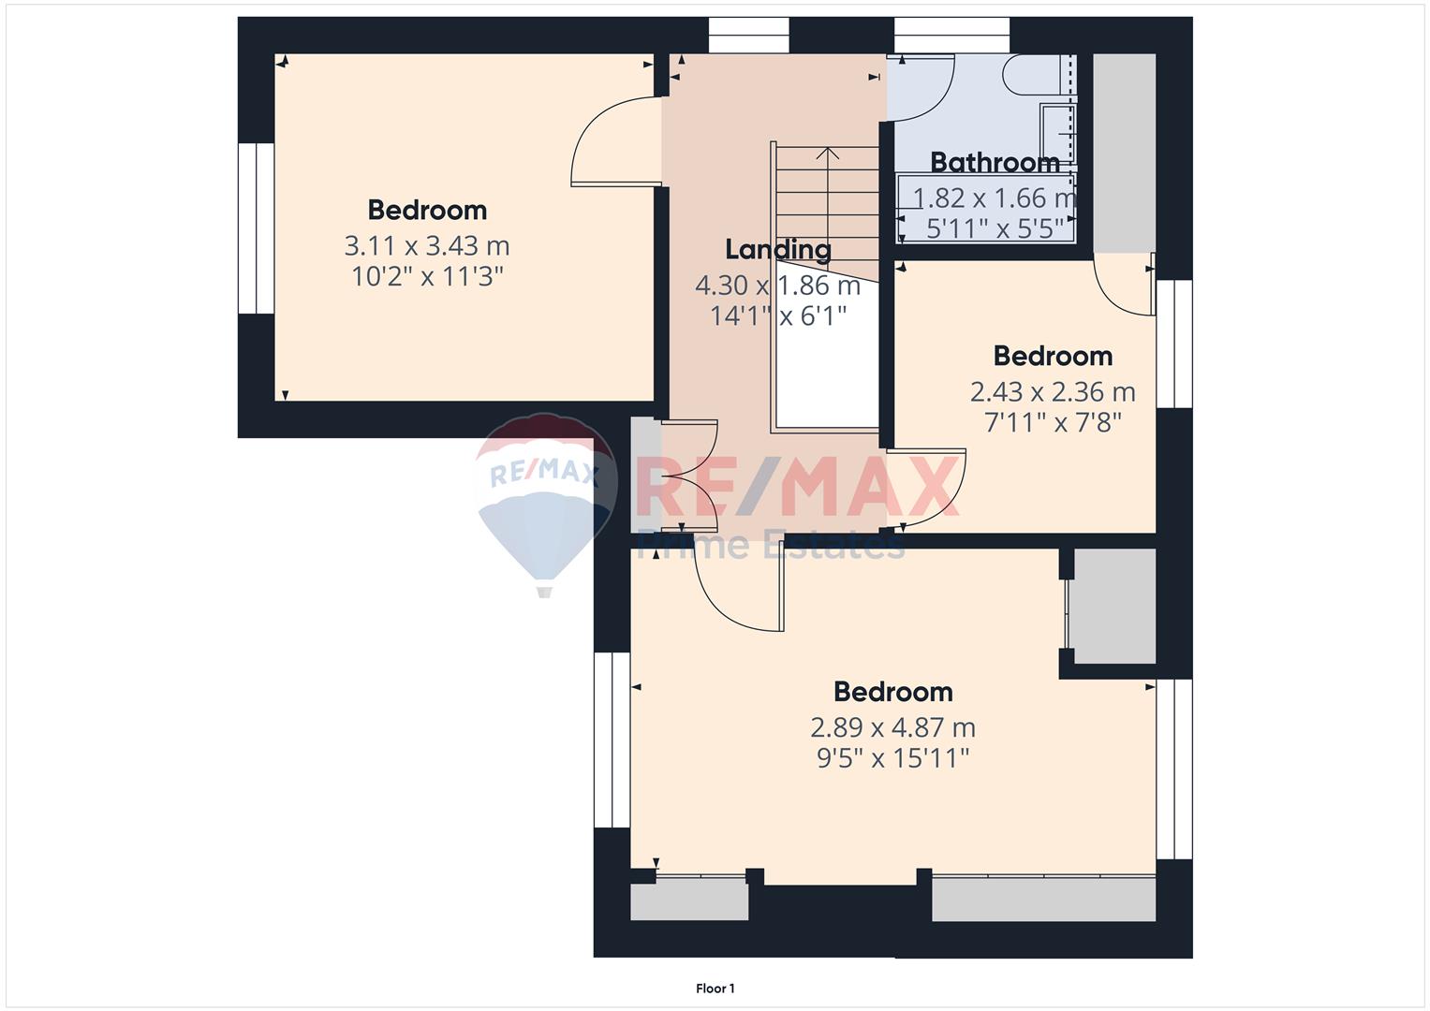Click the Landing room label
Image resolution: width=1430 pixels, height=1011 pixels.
(x=778, y=250)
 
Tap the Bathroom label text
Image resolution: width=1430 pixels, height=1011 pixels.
(x=995, y=163)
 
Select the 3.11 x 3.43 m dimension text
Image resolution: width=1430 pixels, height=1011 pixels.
(x=427, y=245)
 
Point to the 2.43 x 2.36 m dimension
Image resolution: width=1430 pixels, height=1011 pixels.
(x=1053, y=392)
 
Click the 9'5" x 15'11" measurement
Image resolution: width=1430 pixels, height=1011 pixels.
(x=893, y=758)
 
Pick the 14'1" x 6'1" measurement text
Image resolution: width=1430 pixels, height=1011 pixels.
(x=778, y=315)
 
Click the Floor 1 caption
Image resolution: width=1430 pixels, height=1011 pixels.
(x=715, y=989)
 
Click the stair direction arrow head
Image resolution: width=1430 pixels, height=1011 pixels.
(x=827, y=154)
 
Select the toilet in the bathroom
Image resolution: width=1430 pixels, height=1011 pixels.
(x=1032, y=75)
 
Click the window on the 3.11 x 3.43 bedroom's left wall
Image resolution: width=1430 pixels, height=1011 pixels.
(x=256, y=228)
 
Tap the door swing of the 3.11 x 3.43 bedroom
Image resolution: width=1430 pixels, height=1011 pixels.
(x=613, y=141)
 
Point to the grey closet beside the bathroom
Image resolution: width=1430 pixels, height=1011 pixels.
(x=1124, y=154)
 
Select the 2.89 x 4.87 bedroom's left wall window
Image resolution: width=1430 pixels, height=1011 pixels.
(x=612, y=740)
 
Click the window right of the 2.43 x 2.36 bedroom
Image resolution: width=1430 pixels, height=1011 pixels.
(x=1174, y=344)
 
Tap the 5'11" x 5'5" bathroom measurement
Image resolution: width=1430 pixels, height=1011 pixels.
(x=995, y=228)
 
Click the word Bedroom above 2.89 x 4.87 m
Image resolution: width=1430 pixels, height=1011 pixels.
(x=893, y=692)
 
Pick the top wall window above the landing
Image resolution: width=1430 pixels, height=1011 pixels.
(x=749, y=36)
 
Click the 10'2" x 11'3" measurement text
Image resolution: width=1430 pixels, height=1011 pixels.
(x=427, y=277)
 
